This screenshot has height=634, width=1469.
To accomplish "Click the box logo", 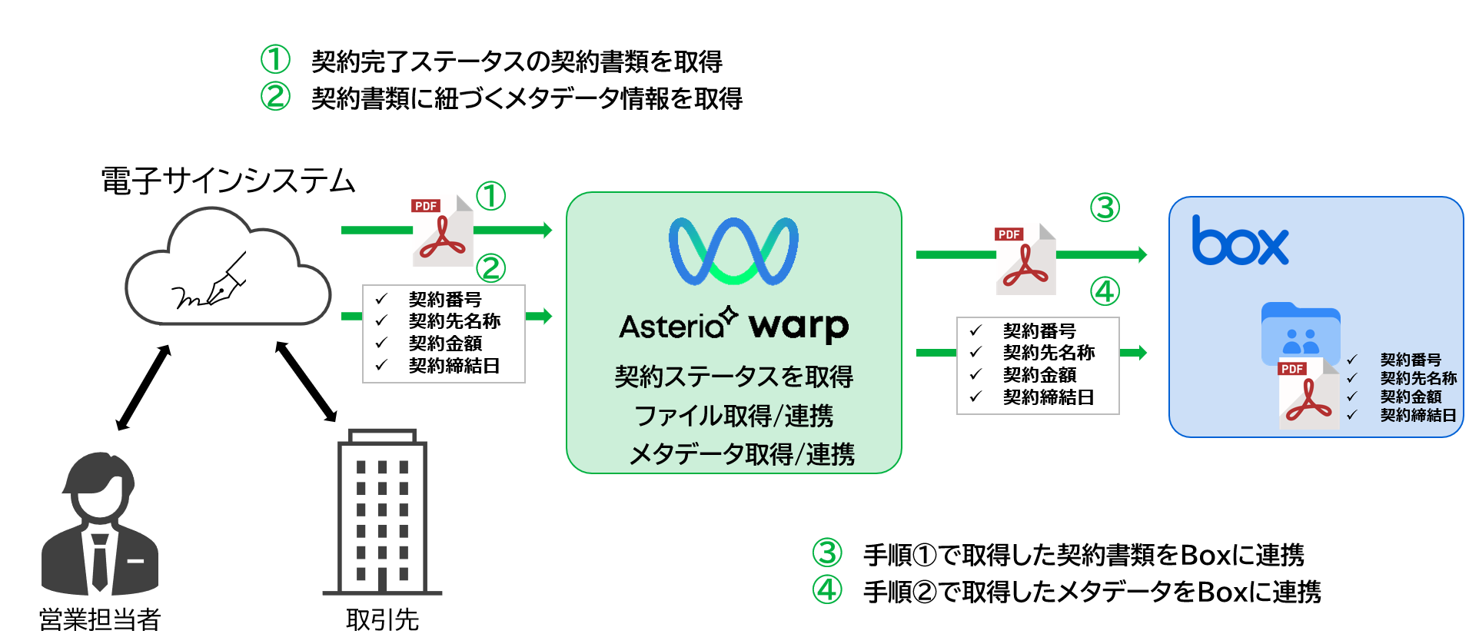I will pyautogui.click(x=1239, y=242).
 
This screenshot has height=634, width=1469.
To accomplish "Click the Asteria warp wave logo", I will pyautogui.click(x=733, y=251).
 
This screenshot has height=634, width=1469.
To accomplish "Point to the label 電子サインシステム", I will pyautogui.click(x=228, y=181).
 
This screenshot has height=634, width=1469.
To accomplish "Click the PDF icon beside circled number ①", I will pyautogui.click(x=443, y=231).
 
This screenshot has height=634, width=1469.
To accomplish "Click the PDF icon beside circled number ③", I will pyautogui.click(x=1025, y=260).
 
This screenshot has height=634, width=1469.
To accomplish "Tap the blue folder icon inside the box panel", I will pyautogui.click(x=1301, y=332).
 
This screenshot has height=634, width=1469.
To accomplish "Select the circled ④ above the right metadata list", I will pyautogui.click(x=1105, y=292).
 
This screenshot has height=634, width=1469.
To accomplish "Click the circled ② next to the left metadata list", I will pyautogui.click(x=491, y=268).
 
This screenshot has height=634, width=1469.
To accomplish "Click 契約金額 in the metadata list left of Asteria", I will pyautogui.click(x=445, y=344).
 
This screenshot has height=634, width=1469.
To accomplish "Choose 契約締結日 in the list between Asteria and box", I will pyautogui.click(x=1048, y=397).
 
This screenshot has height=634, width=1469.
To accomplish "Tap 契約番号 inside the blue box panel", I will pyautogui.click(x=1411, y=360).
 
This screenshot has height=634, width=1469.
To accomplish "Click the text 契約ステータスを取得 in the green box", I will pyautogui.click(x=733, y=377).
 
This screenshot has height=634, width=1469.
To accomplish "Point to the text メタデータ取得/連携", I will pyautogui.click(x=741, y=454).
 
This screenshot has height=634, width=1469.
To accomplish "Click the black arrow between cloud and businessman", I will pyautogui.click(x=144, y=387).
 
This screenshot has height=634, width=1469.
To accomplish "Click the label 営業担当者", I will pyautogui.click(x=100, y=619).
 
